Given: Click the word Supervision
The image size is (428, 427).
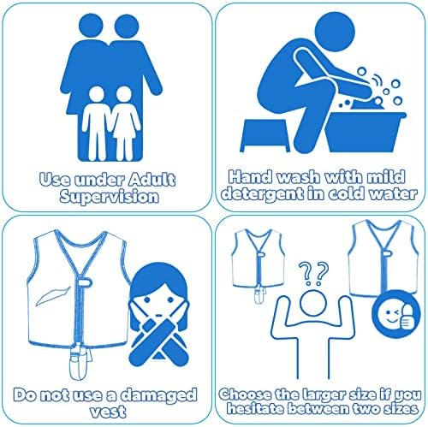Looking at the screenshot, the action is (x=110, y=197).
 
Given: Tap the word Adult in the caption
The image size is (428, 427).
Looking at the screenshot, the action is (x=152, y=180).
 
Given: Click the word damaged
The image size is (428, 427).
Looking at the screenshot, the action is (x=159, y=394).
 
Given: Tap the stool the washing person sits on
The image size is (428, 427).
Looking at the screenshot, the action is (x=265, y=135).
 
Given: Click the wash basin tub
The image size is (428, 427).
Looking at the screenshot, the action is (x=366, y=132).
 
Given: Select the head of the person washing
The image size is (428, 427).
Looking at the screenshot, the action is (x=335, y=32).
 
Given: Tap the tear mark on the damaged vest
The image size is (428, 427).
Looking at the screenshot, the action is (x=53, y=296).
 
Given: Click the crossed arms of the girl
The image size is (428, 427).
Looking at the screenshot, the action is (x=158, y=343).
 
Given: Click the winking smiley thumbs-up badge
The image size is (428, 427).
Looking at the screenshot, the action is (x=396, y=314).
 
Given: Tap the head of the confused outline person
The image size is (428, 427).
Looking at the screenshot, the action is (x=313, y=303).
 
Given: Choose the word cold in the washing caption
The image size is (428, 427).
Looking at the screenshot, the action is (x=346, y=194).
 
